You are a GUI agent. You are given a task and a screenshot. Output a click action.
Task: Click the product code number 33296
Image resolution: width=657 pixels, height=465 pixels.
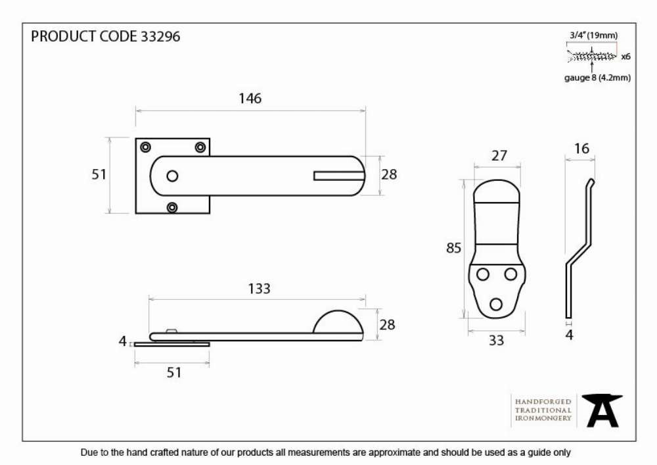click(160, 36)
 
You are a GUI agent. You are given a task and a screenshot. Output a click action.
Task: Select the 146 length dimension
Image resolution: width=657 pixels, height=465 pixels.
click(250, 99)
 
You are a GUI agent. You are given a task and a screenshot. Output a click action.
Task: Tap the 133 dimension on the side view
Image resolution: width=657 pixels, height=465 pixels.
click(260, 289)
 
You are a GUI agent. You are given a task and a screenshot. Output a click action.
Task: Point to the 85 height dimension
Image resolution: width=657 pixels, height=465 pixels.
click(453, 248)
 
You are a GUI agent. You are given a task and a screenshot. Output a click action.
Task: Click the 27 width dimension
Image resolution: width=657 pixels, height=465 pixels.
click(499, 156)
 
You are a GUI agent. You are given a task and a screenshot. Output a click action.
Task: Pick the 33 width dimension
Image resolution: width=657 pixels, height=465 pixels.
click(496, 340)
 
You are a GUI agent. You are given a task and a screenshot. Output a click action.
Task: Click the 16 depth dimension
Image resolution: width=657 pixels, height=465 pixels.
click(581, 149)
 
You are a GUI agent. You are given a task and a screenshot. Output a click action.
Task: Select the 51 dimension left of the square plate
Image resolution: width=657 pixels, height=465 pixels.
click(99, 174)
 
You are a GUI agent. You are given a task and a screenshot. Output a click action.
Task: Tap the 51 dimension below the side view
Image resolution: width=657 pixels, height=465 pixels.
click(174, 372)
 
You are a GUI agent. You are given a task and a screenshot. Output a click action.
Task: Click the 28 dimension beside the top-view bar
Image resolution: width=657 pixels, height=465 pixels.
click(389, 174)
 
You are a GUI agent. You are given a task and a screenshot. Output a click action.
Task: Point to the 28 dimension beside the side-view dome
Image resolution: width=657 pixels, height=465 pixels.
click(387, 324)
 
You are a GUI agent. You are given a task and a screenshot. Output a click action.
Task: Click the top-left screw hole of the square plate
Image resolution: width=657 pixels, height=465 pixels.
click(145, 147)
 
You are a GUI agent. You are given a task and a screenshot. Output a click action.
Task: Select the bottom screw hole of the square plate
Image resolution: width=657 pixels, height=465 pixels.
click(172, 207)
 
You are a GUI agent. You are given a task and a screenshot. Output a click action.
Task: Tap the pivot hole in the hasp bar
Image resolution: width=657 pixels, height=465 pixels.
click(172, 176)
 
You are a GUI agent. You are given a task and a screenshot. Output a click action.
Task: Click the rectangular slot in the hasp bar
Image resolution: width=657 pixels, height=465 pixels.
click(339, 176)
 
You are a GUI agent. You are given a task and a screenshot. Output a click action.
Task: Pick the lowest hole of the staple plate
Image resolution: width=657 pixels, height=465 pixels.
click(496, 304)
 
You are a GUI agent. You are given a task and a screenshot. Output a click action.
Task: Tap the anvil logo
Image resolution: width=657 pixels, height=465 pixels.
click(602, 410)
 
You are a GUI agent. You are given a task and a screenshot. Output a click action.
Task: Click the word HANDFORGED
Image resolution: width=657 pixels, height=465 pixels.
click(543, 402)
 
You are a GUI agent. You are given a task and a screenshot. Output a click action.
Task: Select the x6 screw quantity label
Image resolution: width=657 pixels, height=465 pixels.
click(625, 56)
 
